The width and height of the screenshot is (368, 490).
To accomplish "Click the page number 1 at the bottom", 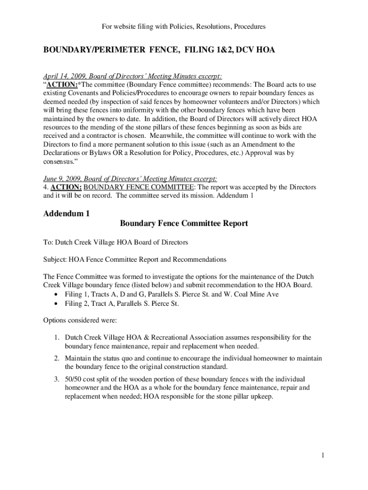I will point(324,455).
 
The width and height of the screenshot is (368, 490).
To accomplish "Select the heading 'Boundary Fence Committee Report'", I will point(184,223).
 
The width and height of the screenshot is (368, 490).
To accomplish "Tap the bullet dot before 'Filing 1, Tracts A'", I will point(57,294).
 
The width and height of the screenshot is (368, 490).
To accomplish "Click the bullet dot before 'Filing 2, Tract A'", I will point(57,304).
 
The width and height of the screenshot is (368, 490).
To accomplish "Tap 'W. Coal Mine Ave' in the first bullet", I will point(251,294).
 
